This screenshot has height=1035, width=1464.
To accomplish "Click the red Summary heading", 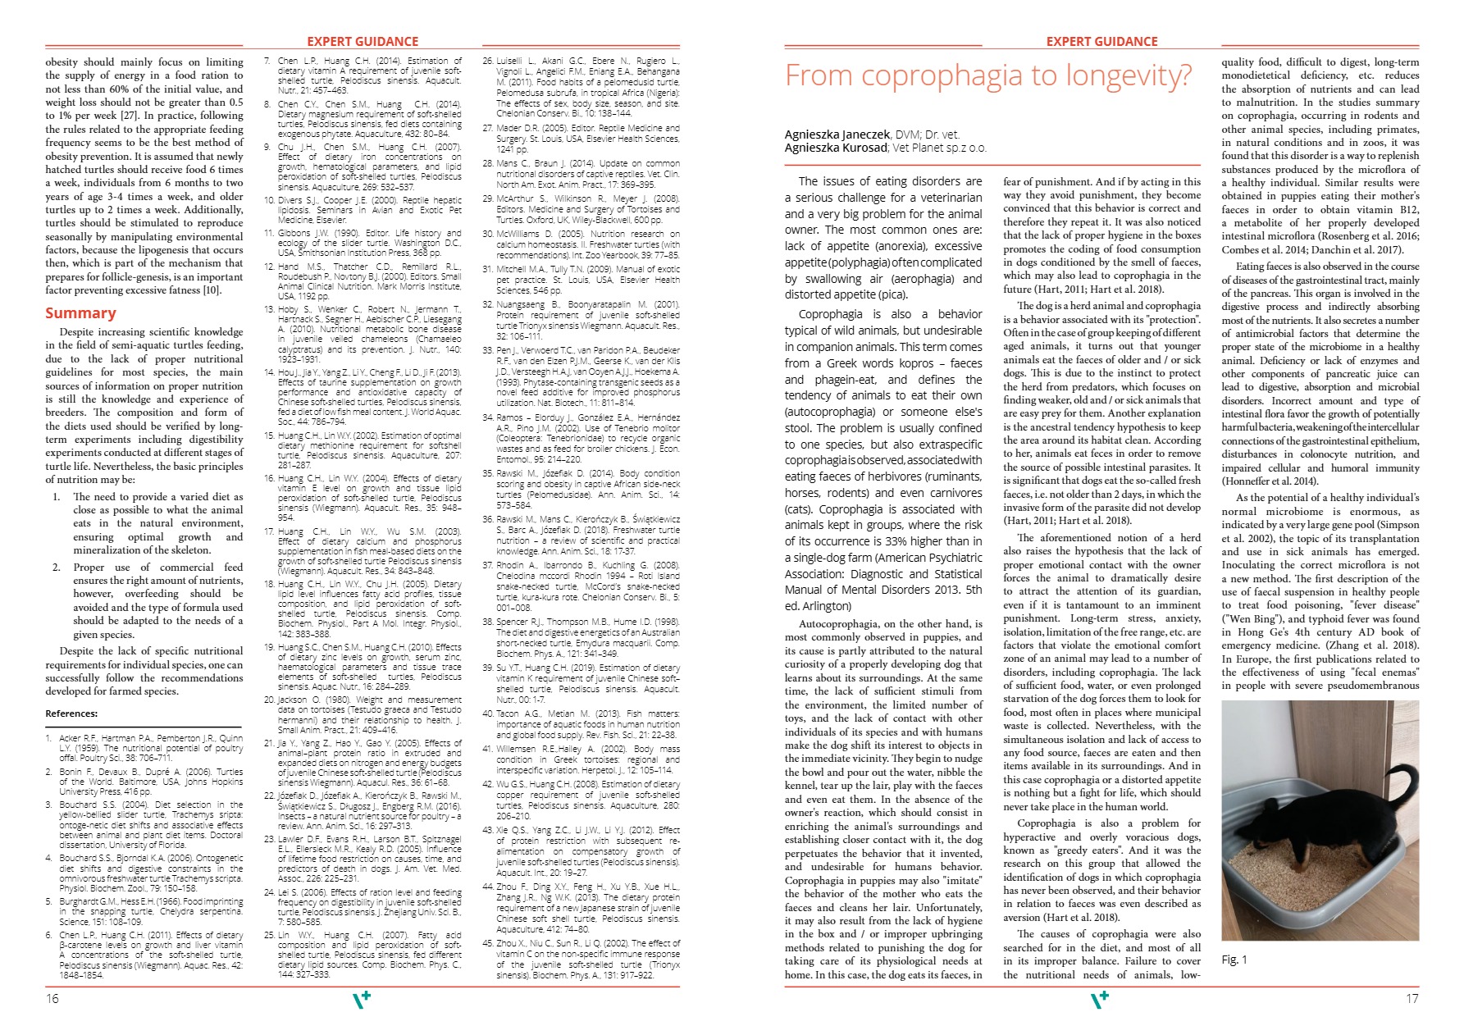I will click(80, 313).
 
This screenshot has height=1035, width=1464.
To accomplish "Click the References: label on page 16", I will click(71, 714).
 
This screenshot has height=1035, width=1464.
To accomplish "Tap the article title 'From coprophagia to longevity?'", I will click(987, 75).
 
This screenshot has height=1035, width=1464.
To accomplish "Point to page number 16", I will click(52, 999).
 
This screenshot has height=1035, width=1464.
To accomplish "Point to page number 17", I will click(1411, 999).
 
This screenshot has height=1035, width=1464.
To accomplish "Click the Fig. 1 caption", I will click(1234, 960).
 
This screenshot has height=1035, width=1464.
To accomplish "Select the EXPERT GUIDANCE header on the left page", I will click(362, 42).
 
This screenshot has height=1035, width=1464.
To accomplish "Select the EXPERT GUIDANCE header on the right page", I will click(1101, 42).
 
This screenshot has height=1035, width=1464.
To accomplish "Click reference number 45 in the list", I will click(488, 943).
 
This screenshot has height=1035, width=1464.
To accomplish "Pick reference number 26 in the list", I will click(488, 62).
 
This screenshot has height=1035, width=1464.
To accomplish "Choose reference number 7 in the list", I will click(267, 62).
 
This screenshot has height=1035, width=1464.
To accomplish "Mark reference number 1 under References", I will click(49, 738).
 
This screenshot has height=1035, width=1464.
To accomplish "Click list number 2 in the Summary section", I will click(57, 568).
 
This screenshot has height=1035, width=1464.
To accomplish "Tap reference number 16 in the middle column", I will click(269, 478).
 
